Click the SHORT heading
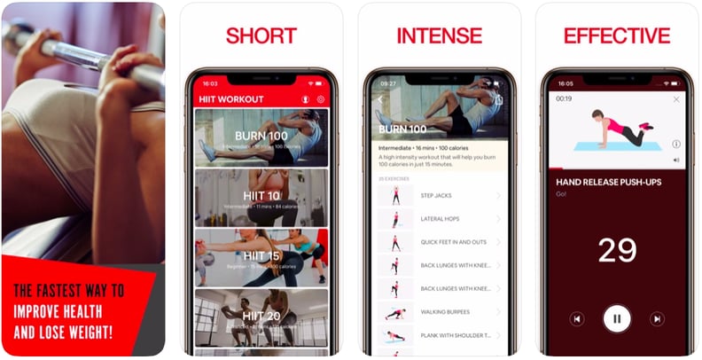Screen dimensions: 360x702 (x=261, y=36)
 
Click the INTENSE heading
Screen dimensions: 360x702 (x=439, y=36)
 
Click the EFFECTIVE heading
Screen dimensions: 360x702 (x=617, y=36)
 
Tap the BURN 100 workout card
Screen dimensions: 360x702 (x=261, y=137)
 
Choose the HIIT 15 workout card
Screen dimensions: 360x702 (x=261, y=257)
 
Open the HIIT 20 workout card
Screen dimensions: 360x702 (x=261, y=317)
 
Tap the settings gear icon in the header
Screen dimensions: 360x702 (x=321, y=99)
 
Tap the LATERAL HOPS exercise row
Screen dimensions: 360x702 (x=441, y=218)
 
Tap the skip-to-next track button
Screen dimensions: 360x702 (x=657, y=318)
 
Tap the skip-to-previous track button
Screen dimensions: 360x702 (x=577, y=318)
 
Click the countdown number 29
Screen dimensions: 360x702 (x=617, y=250)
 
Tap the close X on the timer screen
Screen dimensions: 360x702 (x=676, y=99)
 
